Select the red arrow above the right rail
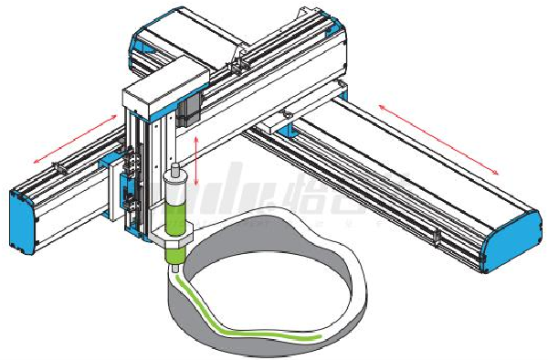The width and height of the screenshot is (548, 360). coord(439,138)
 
